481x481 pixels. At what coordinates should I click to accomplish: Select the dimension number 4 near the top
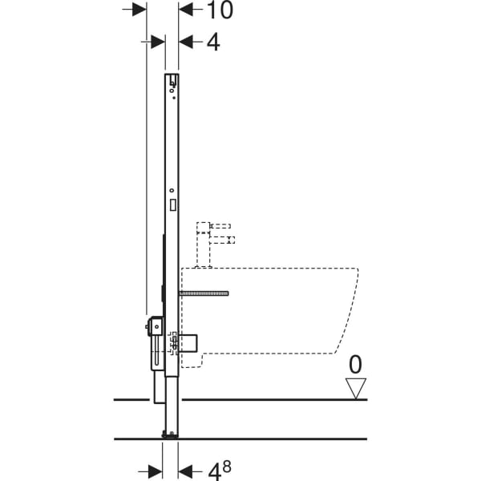coord(212,42)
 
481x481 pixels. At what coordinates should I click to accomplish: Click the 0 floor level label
coord(355,366)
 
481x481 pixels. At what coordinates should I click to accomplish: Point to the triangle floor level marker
coord(355,388)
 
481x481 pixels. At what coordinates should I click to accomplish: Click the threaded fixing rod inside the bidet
coord(204,293)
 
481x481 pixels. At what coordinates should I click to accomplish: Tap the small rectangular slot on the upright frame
coord(172,204)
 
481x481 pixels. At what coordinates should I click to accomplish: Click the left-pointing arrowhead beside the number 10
coord(186,9)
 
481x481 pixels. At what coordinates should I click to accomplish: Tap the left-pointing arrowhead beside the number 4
coord(186,42)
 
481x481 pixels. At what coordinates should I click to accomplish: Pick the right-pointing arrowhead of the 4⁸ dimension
coord(156,471)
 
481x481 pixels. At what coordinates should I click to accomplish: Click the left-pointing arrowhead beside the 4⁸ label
coord(185,471)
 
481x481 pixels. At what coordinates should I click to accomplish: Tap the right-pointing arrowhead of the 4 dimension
coord(158,42)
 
